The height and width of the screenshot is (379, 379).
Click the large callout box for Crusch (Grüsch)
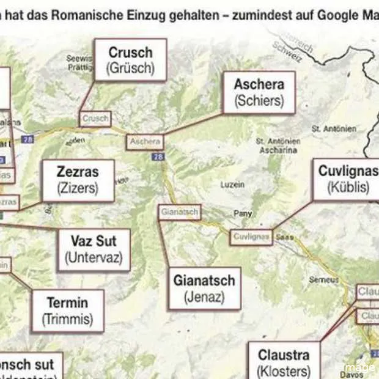point(131,59)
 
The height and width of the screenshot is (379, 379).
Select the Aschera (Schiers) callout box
point(259,92)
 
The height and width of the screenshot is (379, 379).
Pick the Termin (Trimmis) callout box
point(67,310)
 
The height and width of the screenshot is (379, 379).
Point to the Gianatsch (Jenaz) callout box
point(204,289)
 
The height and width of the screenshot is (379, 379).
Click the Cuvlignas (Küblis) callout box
point(346,178)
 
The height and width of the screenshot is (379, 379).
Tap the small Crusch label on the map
point(95,119)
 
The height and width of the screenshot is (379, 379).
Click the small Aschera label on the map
point(145,142)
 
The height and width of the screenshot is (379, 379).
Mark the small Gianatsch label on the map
point(178,212)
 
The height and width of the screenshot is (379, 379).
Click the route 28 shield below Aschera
point(159,157)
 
